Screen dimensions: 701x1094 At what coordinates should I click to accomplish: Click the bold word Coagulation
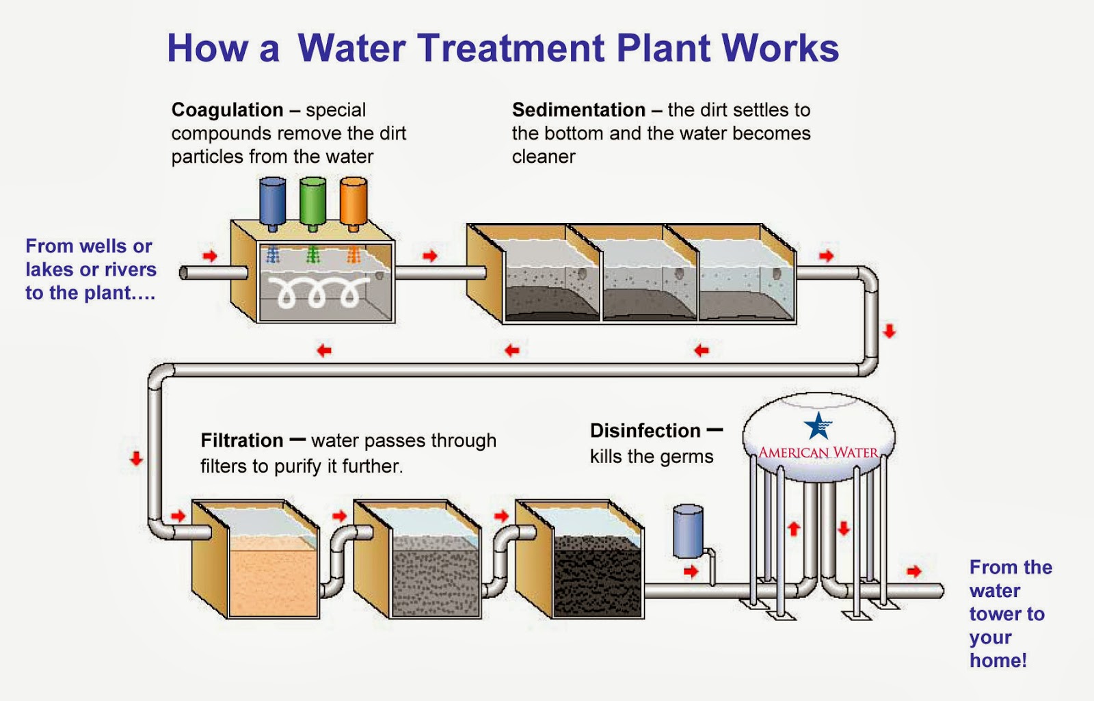pos(227,110)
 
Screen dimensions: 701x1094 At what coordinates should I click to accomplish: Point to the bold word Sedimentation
pos(578,110)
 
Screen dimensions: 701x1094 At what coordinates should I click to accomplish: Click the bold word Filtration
pos(242,440)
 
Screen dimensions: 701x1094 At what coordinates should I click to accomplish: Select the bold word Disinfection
pos(645,431)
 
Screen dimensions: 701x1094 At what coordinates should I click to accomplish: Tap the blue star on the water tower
pos(818,425)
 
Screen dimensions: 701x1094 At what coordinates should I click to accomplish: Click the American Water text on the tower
pos(818,453)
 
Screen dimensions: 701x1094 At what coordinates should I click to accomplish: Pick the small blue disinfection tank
pos(688,531)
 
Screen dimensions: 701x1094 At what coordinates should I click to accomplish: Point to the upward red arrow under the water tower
pos(794,529)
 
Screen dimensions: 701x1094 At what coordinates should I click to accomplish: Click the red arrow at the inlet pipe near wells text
pos(210,256)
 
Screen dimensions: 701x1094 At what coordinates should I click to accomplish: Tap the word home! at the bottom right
pos(998,661)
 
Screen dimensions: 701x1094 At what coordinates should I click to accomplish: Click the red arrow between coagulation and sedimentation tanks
pos(429,256)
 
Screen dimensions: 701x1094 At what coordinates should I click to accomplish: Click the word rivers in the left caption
pos(130,269)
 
